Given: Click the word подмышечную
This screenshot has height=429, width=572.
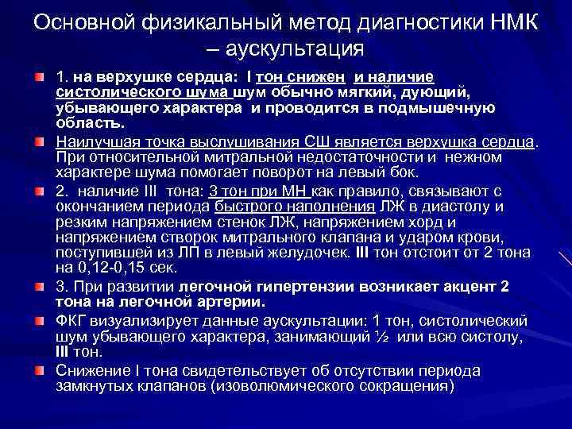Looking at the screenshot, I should (x=449, y=107).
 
